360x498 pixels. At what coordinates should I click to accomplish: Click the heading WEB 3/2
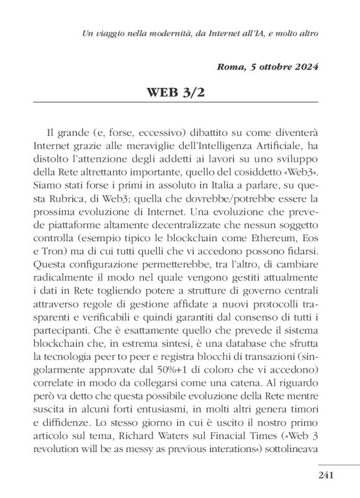point(181,93)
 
